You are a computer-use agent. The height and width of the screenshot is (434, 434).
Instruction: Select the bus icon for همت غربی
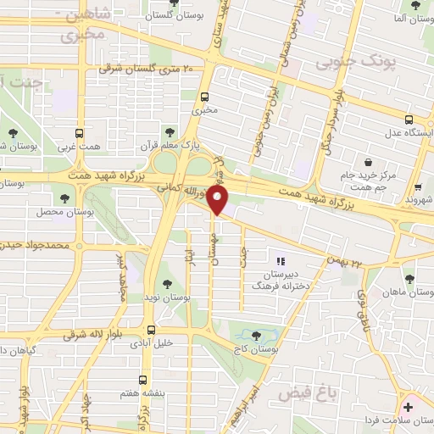[80, 133]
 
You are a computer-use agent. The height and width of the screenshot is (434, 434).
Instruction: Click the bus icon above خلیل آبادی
[150, 330]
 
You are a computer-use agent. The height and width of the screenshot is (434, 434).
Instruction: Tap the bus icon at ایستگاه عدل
[409, 119]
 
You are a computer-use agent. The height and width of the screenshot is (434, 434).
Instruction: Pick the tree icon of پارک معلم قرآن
[170, 131]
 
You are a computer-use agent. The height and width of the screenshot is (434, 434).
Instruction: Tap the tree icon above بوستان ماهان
[409, 278]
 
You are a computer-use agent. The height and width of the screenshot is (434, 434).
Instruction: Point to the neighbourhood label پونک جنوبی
[345, 61]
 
